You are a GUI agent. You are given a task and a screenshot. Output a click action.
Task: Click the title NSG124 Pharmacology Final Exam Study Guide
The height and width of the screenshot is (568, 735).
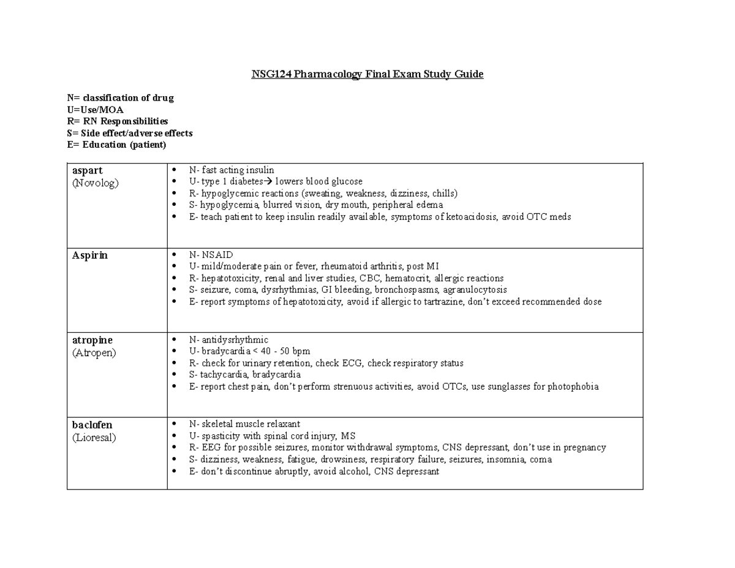(x=367, y=75)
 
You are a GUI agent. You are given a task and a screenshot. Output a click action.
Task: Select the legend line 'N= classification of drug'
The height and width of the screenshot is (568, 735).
(x=120, y=98)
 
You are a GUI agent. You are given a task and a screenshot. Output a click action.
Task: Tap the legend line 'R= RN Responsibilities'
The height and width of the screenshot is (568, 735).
(x=117, y=121)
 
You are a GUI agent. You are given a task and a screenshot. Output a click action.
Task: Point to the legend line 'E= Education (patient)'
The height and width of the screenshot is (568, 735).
(x=116, y=145)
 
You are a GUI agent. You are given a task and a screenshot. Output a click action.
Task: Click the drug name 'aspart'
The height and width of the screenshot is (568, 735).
(x=88, y=171)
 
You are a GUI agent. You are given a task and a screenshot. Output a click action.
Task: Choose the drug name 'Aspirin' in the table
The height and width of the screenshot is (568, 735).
(x=89, y=256)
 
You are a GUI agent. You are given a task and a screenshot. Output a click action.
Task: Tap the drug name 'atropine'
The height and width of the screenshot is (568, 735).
(x=92, y=340)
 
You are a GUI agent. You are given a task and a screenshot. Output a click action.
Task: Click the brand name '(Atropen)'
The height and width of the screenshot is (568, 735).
(x=94, y=352)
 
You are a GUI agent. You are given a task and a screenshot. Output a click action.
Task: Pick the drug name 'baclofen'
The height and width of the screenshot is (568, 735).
(x=92, y=425)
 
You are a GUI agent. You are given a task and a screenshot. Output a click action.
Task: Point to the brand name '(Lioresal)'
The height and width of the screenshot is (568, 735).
(x=94, y=437)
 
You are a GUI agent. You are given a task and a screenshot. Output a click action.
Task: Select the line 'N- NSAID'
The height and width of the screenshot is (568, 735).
(x=211, y=254)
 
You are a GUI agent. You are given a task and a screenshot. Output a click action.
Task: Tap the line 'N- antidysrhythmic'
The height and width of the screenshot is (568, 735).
(x=228, y=339)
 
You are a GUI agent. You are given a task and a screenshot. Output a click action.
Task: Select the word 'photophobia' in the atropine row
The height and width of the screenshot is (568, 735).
(x=573, y=387)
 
